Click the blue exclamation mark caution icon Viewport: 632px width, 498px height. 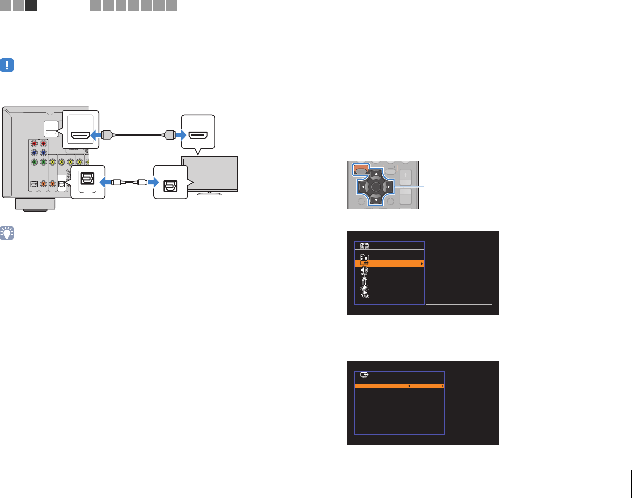[x=7, y=65]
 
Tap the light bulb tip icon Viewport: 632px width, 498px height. [x=7, y=233]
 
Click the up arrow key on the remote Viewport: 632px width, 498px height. [x=376, y=174]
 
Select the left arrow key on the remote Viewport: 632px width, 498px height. [x=363, y=187]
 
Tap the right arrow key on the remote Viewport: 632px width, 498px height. [x=389, y=187]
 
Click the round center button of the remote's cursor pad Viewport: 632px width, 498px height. [x=376, y=187]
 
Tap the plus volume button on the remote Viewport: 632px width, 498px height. [x=405, y=175]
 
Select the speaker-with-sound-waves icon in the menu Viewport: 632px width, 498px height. [x=365, y=270]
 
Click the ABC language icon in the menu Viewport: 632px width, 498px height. [x=365, y=295]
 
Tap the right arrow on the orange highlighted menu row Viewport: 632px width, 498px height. [x=422, y=264]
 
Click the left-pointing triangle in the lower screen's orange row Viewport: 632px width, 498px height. [x=409, y=386]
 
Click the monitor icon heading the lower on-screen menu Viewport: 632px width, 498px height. [x=364, y=375]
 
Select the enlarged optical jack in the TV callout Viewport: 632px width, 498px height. [x=170, y=182]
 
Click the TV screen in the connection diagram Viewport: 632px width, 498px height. [x=209, y=174]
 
